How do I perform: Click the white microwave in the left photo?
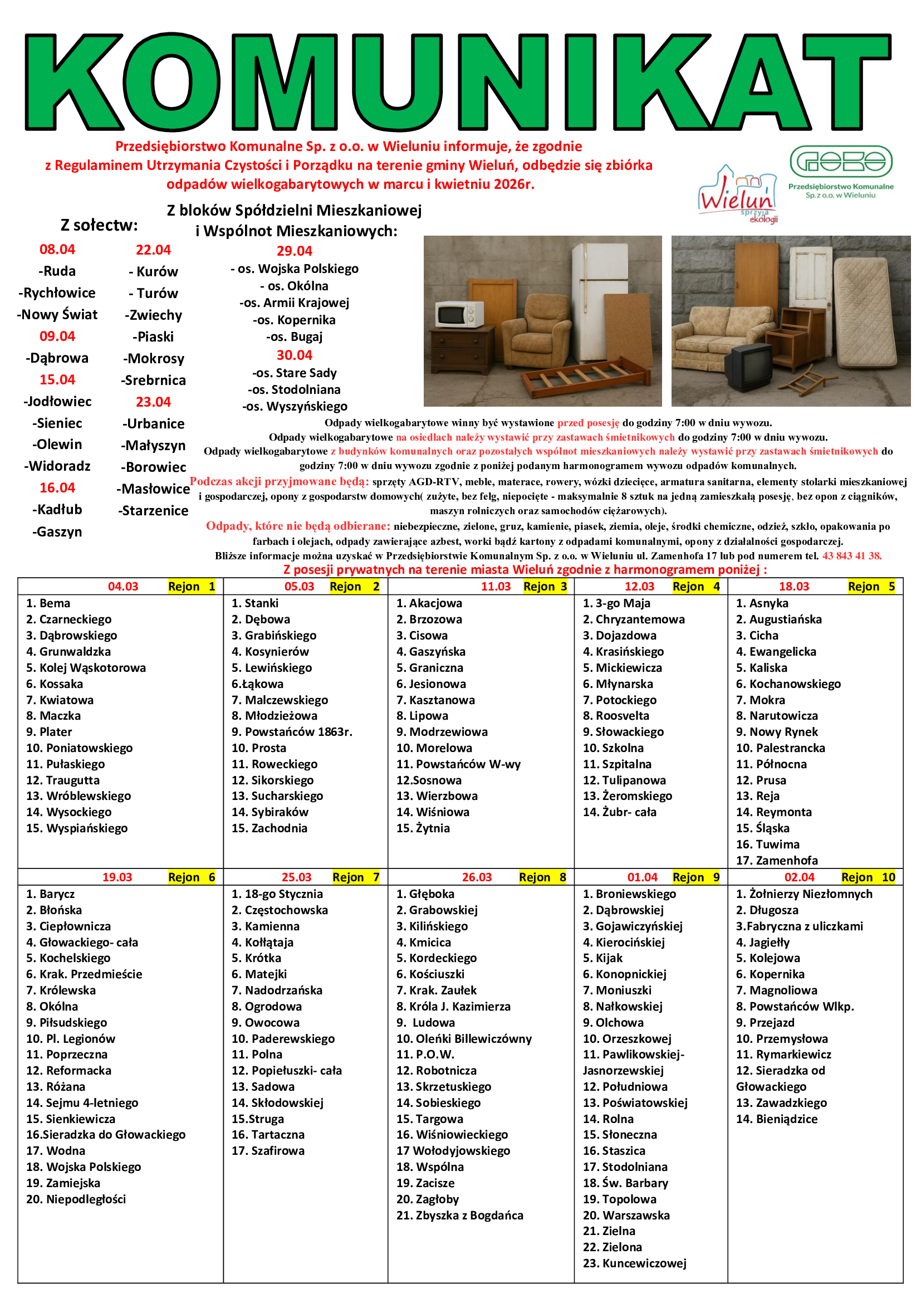click(x=459, y=314)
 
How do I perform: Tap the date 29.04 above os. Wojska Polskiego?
click(x=295, y=251)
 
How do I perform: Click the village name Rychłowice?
click(x=57, y=293)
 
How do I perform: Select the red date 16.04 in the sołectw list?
click(x=57, y=487)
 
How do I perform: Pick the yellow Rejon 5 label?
click(x=871, y=586)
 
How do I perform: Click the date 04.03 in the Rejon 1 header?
click(x=123, y=586)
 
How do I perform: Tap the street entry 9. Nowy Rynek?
click(x=777, y=732)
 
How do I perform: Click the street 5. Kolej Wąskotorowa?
click(x=86, y=668)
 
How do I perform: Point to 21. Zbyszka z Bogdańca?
click(x=459, y=1216)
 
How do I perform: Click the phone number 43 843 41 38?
click(x=851, y=556)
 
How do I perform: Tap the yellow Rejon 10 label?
click(x=868, y=877)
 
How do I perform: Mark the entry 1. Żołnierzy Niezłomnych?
click(x=804, y=894)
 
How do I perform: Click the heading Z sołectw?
click(x=99, y=225)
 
